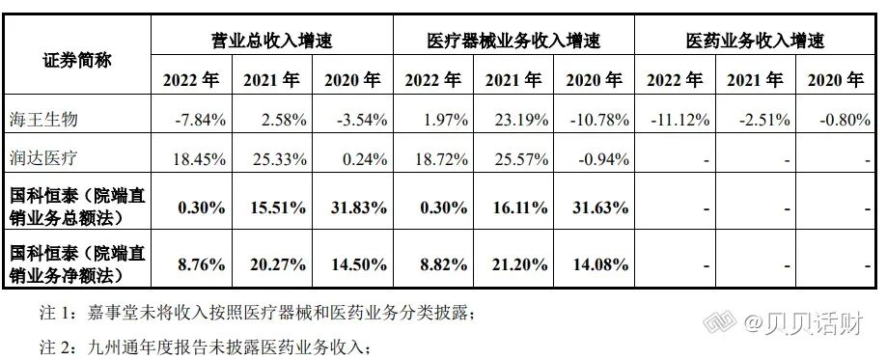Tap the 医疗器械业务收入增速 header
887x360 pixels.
click(514, 41)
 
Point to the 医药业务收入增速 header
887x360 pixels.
click(748, 41)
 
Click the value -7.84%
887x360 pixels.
click(200, 120)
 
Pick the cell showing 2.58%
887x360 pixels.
click(284, 120)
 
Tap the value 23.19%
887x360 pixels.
click(520, 120)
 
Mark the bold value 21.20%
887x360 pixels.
click(518, 262)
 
